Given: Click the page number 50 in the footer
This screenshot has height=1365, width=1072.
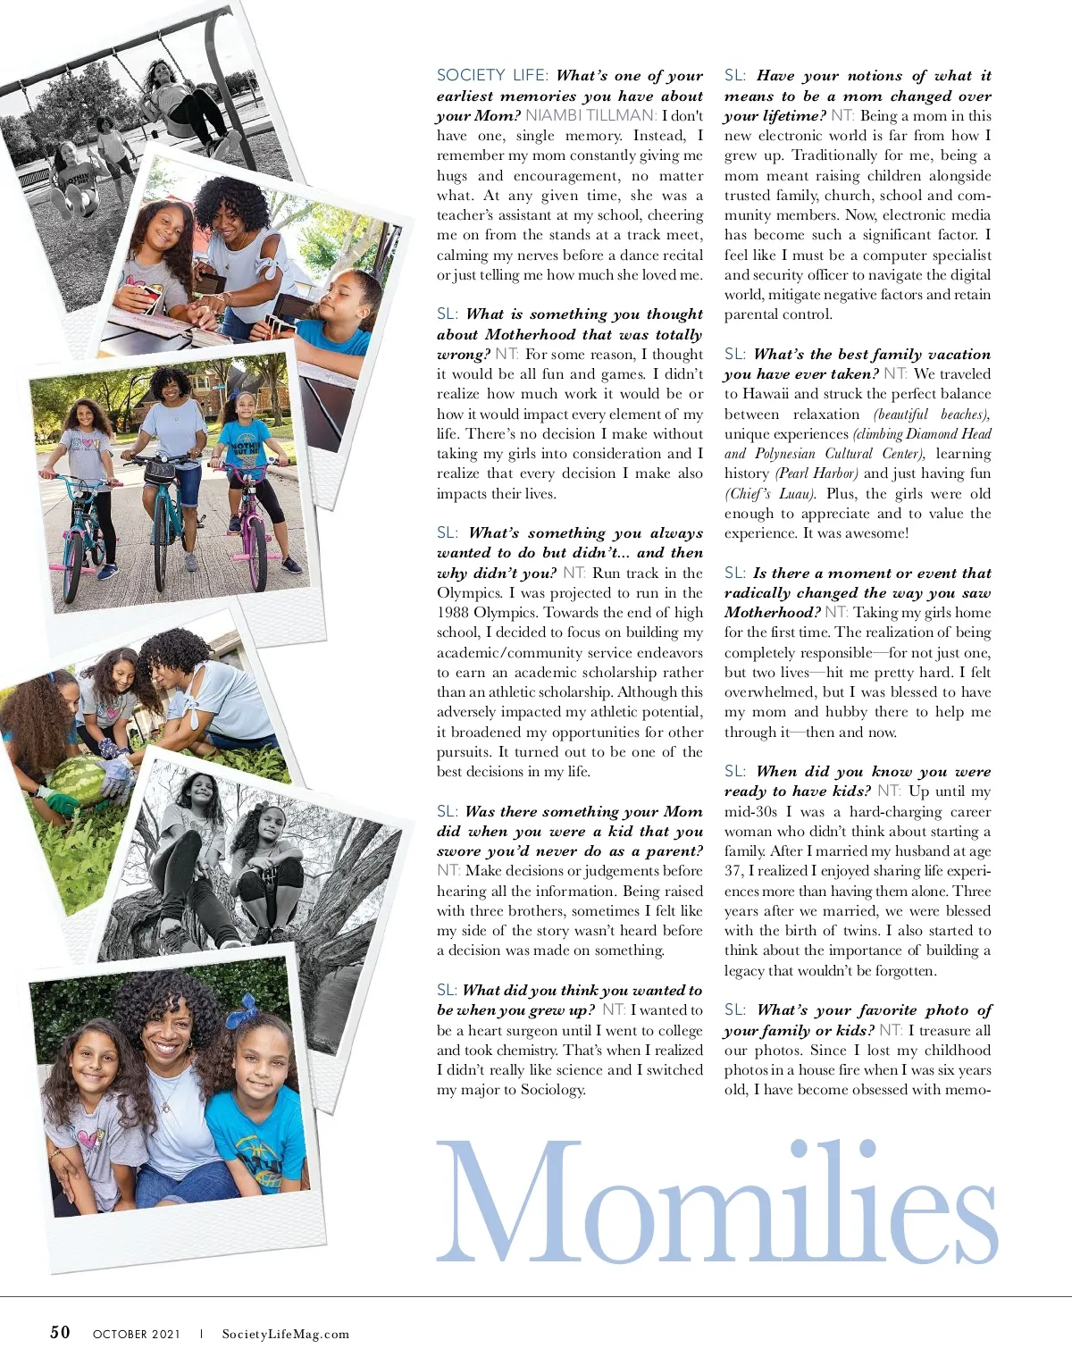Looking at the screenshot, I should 60,1332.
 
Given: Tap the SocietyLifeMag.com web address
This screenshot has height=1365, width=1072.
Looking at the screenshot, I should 286,1334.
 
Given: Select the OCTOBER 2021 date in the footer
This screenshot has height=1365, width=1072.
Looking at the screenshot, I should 136,1334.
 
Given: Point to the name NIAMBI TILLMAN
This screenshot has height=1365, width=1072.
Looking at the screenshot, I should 590,115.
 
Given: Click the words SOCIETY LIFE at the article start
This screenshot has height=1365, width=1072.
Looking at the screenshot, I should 491,76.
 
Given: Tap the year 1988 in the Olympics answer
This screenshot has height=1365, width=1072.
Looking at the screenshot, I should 456,613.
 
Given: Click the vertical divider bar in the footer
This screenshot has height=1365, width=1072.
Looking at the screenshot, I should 201,1334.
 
